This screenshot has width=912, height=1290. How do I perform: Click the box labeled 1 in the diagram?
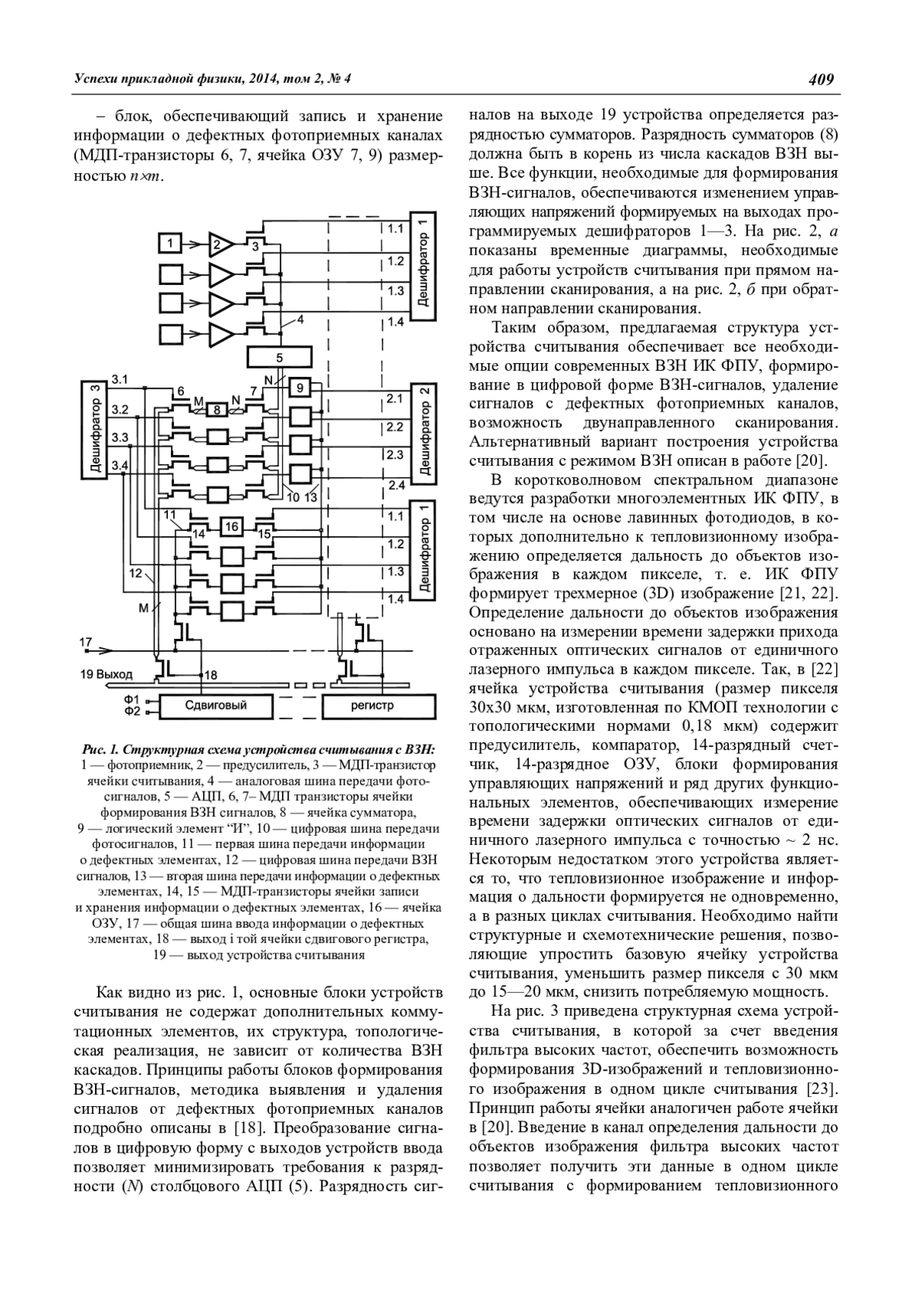click(172, 243)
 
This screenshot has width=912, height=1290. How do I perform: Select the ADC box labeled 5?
click(279, 356)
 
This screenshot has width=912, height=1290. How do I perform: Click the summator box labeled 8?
click(217, 409)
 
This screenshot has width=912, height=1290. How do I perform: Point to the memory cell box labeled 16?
click(232, 526)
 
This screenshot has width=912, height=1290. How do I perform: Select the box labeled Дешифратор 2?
click(426, 431)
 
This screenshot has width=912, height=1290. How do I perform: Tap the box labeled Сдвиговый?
click(217, 706)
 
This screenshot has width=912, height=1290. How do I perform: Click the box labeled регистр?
click(372, 706)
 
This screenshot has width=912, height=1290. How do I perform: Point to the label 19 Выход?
click(106, 674)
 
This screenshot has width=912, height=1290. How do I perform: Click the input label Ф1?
click(132, 699)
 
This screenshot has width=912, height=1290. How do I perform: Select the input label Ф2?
click(132, 712)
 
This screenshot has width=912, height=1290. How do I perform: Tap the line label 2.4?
click(396, 485)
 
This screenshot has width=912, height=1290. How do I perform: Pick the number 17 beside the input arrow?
click(86, 642)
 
